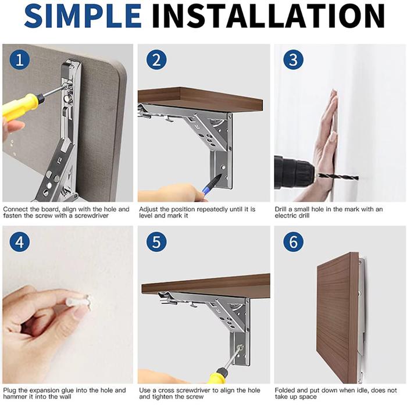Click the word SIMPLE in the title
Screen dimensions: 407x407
pos(83,16)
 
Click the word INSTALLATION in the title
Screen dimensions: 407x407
pos(268,16)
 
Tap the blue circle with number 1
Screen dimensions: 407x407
pos(20,60)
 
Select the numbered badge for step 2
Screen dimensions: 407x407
pos(156,60)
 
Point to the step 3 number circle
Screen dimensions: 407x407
pos(293,60)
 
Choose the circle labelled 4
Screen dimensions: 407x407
pos(20,242)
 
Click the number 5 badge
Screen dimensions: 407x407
pos(156,242)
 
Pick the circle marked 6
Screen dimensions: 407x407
pos(293,242)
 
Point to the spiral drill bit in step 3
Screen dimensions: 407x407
pos(338,177)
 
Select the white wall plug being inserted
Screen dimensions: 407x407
pos(78,302)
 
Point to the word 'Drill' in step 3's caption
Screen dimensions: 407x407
pos(281,209)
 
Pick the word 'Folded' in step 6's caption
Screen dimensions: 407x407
pos(285,390)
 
